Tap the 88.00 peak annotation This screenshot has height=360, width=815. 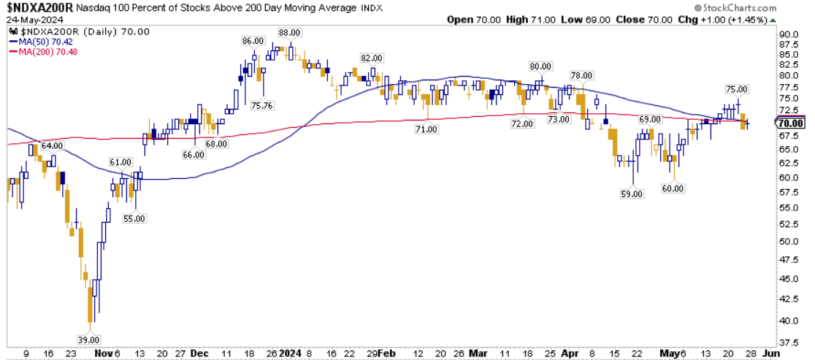pyautogui.click(x=290, y=32)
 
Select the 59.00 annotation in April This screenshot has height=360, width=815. pyautogui.click(x=632, y=194)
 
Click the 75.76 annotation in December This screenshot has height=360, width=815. pyautogui.click(x=262, y=104)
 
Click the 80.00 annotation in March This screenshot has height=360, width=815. pyautogui.click(x=540, y=66)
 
